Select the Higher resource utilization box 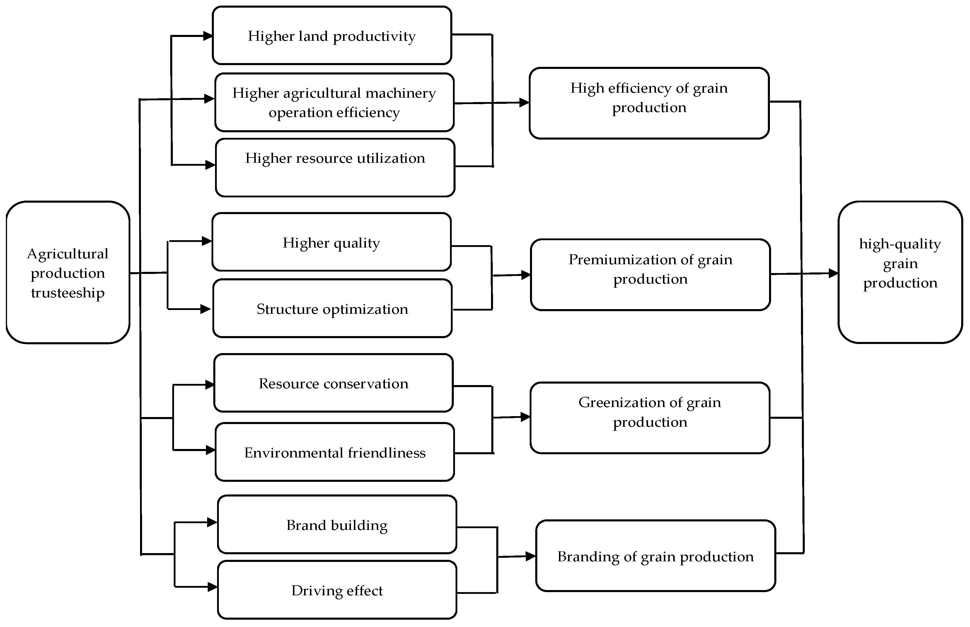pos(335,168)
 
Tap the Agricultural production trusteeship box pos(68,272)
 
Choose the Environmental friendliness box pos(335,452)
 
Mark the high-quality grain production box pos(900,272)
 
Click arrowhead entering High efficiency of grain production pos(524,103)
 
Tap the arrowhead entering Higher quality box pos(207,241)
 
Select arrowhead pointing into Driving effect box pos(212,587)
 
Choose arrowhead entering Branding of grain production pos(530,556)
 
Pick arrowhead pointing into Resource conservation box pos(209,384)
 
